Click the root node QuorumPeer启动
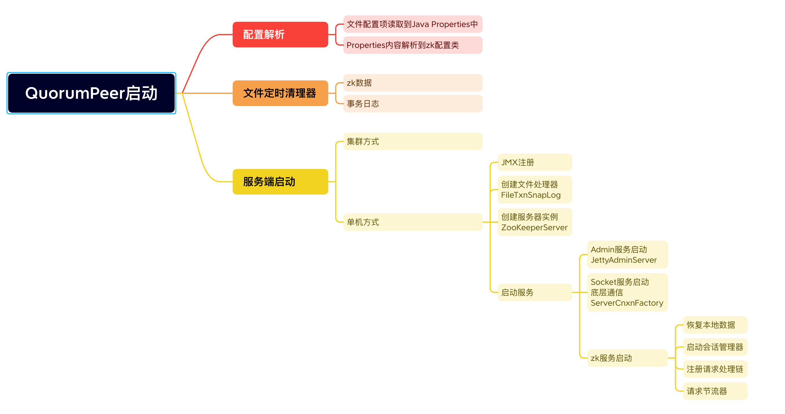point(91,93)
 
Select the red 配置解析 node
point(280,35)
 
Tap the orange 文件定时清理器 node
point(280,93)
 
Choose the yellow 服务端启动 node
point(280,181)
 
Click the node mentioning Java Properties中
point(413,24)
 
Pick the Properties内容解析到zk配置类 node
point(413,45)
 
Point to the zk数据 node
point(413,83)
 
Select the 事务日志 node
point(413,104)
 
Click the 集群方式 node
point(413,141)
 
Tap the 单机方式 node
point(413,222)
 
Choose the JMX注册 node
point(535,162)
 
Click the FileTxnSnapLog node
point(535,190)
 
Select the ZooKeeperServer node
point(535,222)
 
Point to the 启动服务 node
point(535,292)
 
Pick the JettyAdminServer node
point(627,254)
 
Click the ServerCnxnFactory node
point(627,292)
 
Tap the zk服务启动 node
point(627,358)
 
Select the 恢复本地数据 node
point(715,325)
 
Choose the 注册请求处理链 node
point(715,369)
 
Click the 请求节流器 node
point(715,391)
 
